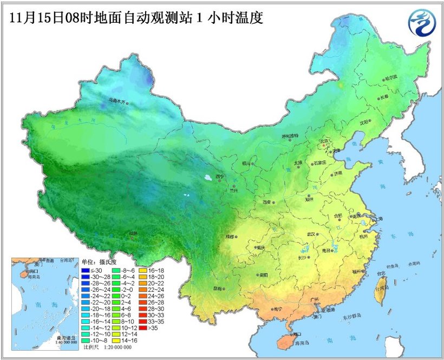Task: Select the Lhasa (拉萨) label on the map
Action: (134, 233)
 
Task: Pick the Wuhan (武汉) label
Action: (311, 234)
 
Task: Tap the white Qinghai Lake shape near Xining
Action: (208, 176)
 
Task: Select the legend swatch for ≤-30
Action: (85, 270)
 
